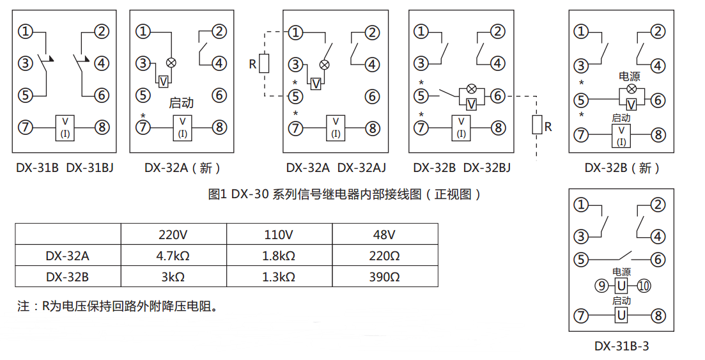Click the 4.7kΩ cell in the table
pyautogui.click(x=173, y=256)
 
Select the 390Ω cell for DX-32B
pyautogui.click(x=385, y=278)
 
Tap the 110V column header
pyautogui.click(x=279, y=235)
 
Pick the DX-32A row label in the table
pyautogui.click(x=68, y=256)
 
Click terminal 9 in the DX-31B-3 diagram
pyautogui.click(x=601, y=286)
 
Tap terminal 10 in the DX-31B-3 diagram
pyautogui.click(x=643, y=286)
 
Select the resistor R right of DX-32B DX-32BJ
pyautogui.click(x=536, y=125)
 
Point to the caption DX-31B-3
pyautogui.click(x=621, y=346)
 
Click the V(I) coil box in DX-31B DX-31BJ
pyautogui.click(x=65, y=128)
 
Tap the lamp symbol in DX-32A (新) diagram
pyautogui.click(x=171, y=63)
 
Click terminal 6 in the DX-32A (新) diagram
pyautogui.click(x=219, y=96)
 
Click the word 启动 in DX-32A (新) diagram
pyautogui.click(x=181, y=103)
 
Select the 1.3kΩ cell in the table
pyautogui.click(x=279, y=278)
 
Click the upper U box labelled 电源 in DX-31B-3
pyautogui.click(x=621, y=286)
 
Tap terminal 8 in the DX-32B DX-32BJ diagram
pyautogui.click(x=498, y=127)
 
